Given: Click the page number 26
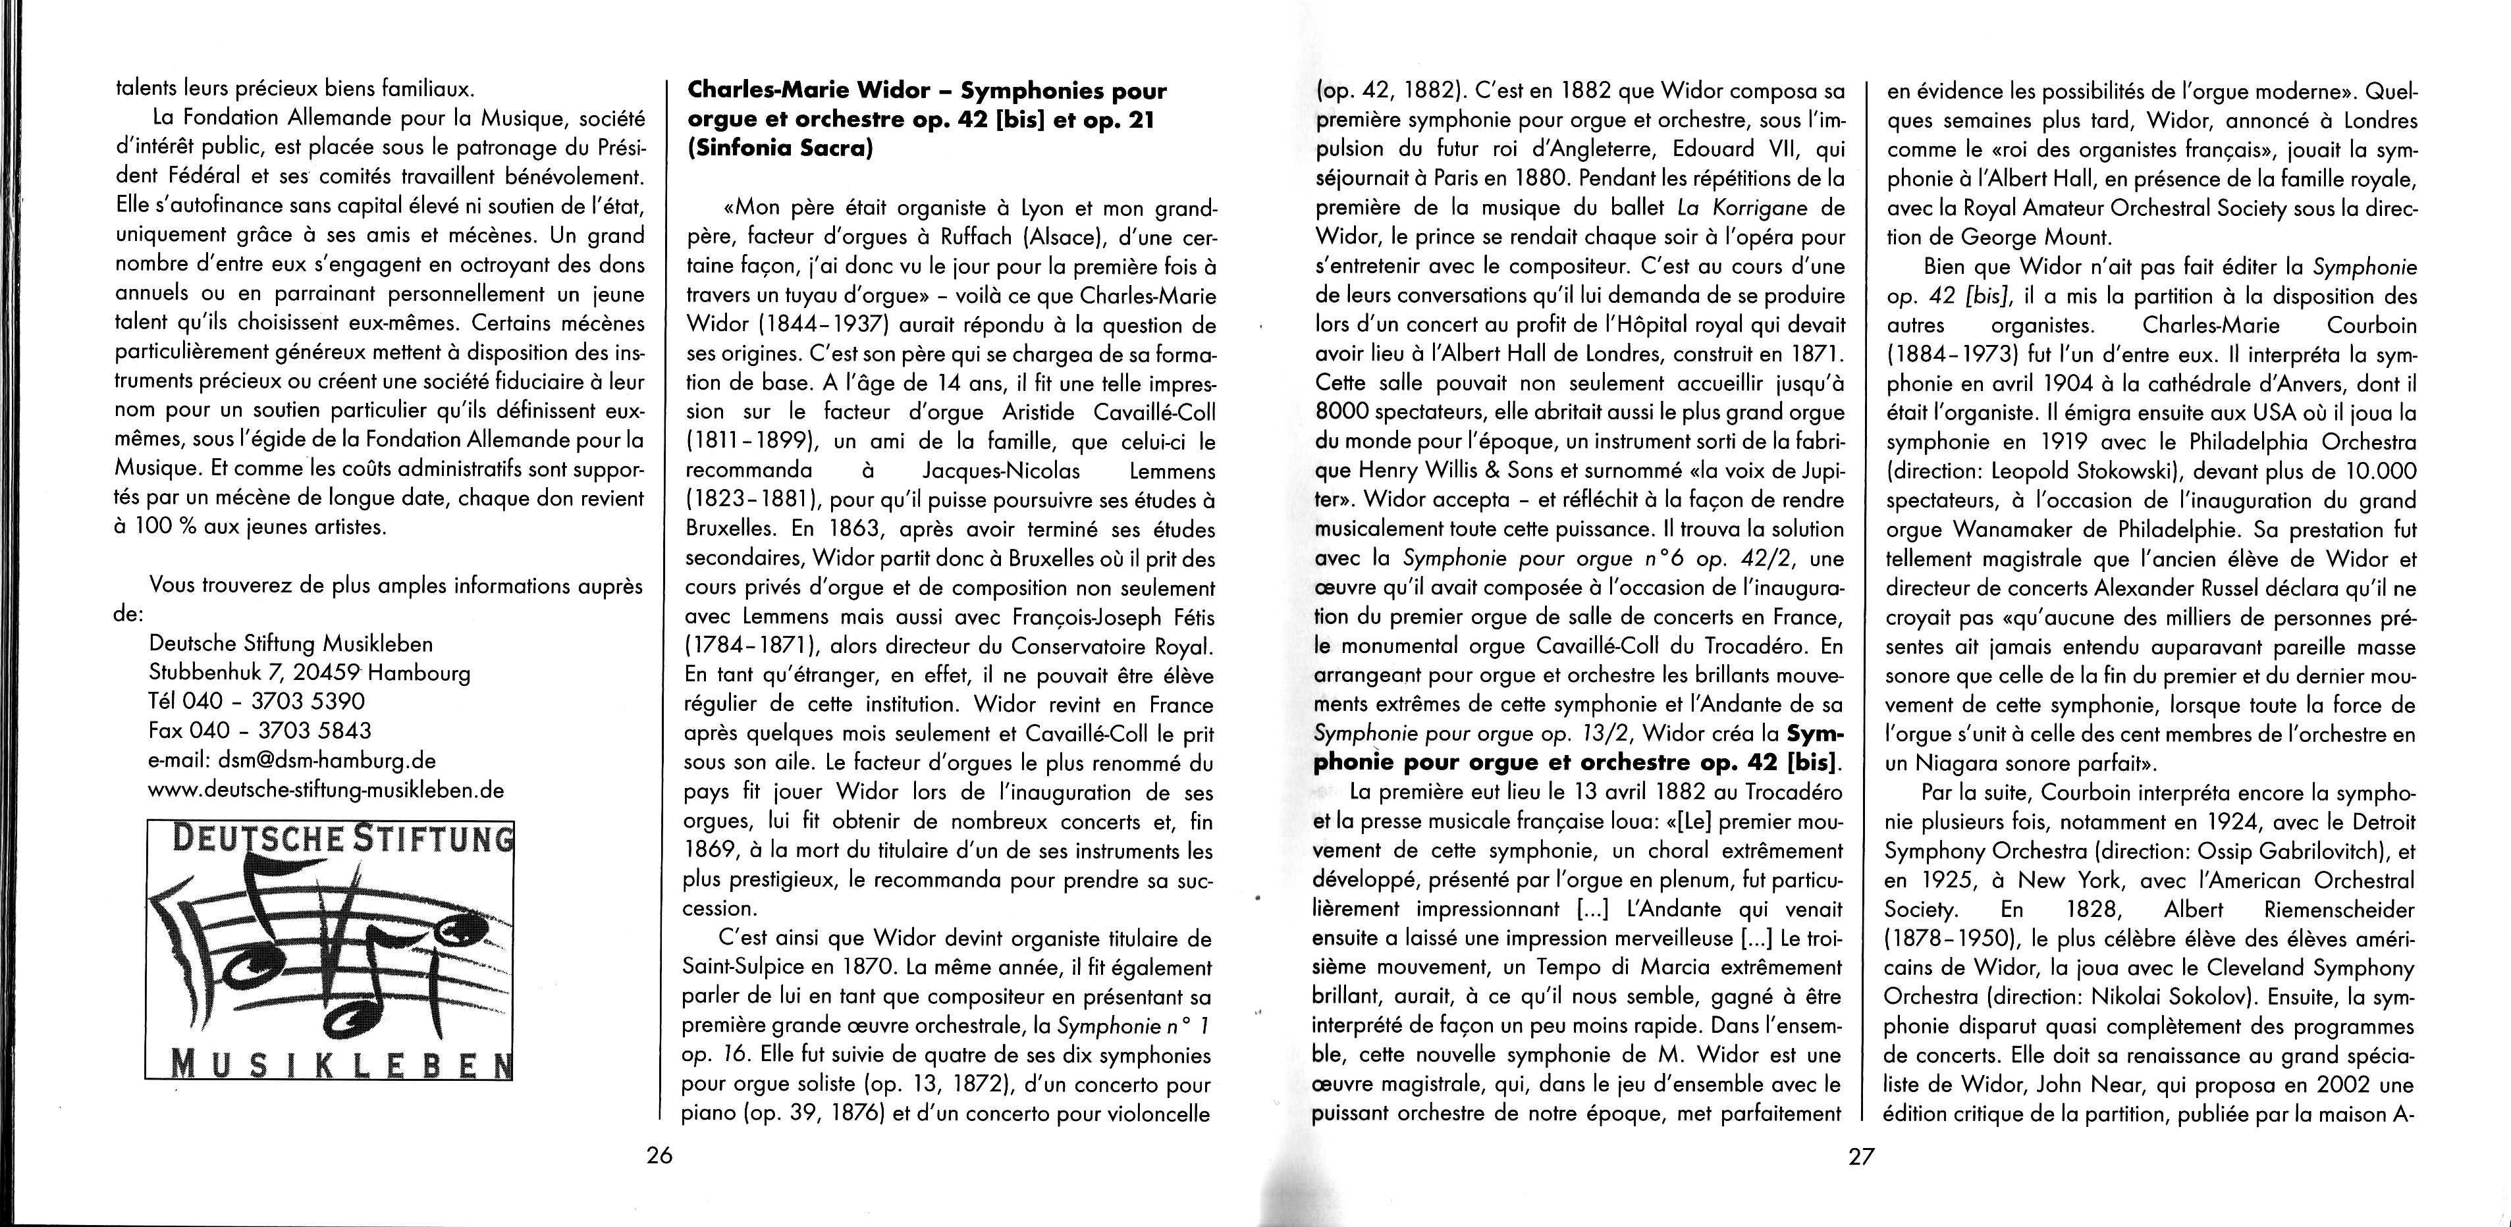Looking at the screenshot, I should tap(660, 1156).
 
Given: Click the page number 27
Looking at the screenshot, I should tap(1861, 1156).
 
